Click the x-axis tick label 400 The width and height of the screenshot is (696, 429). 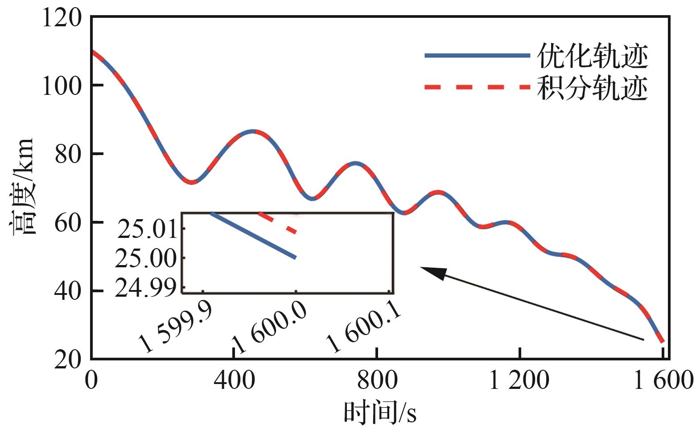tap(234, 381)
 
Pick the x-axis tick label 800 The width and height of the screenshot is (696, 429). tap(377, 381)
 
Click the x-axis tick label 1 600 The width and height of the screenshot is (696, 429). tap(663, 381)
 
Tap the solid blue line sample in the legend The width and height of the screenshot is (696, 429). tap(477, 56)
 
